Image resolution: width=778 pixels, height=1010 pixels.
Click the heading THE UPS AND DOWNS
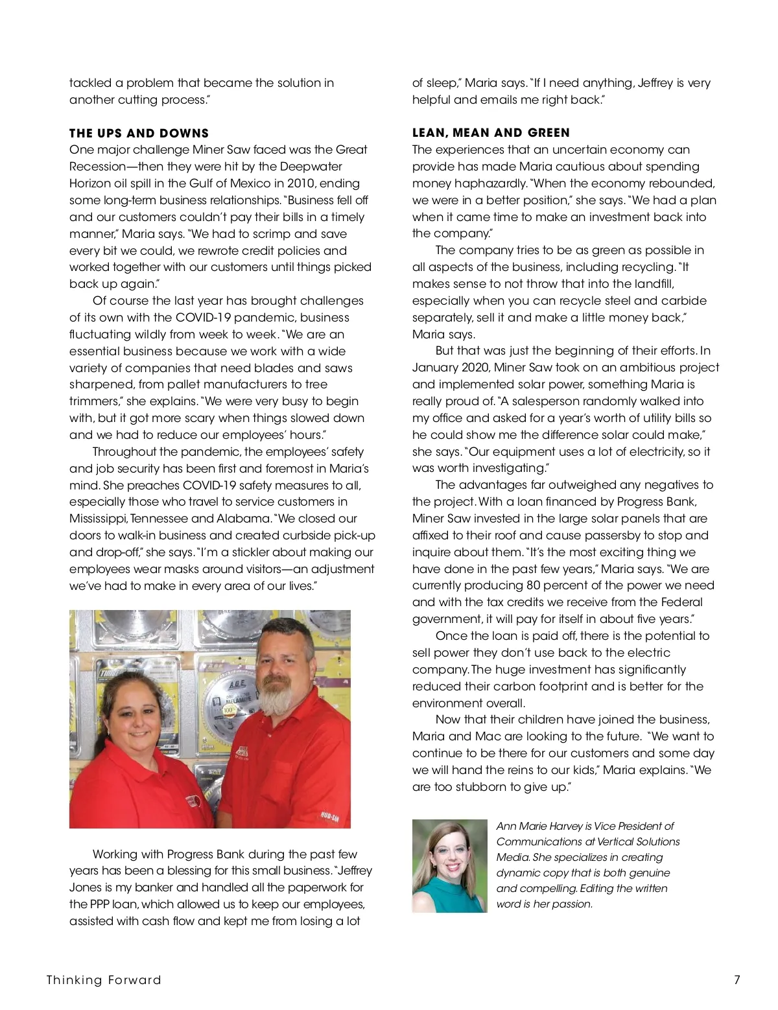pyautogui.click(x=139, y=134)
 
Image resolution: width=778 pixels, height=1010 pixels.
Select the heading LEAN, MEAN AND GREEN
pyautogui.click(x=491, y=133)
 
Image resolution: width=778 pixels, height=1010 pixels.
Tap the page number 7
pyautogui.click(x=737, y=980)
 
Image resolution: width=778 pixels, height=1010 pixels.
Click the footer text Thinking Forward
pyautogui.click(x=104, y=980)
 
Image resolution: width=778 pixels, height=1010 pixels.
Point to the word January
pyautogui.click(x=434, y=368)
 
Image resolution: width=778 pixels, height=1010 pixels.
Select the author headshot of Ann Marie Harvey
pyautogui.click(x=449, y=865)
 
